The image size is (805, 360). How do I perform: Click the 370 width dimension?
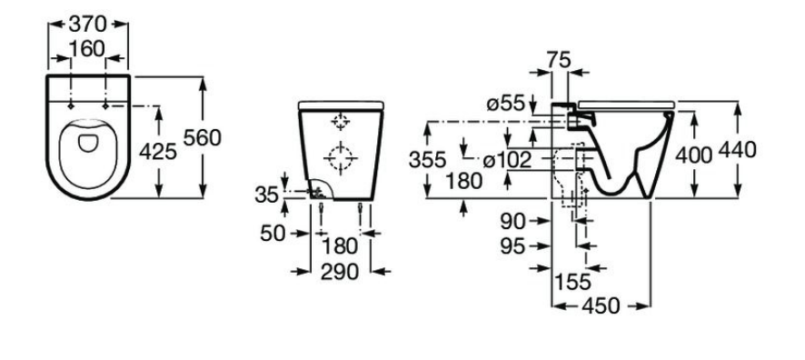(88, 24)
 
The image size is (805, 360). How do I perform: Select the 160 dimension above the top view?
(86, 49)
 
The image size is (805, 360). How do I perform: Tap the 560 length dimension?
(203, 137)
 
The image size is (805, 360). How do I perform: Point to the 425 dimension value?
(158, 152)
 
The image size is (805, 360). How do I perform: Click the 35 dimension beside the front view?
(267, 195)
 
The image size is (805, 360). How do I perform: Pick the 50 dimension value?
(273, 234)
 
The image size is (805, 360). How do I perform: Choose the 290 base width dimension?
(339, 272)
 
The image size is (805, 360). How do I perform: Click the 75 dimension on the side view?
(559, 60)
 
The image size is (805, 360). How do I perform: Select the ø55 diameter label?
(506, 105)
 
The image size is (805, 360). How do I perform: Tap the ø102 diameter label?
(508, 161)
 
